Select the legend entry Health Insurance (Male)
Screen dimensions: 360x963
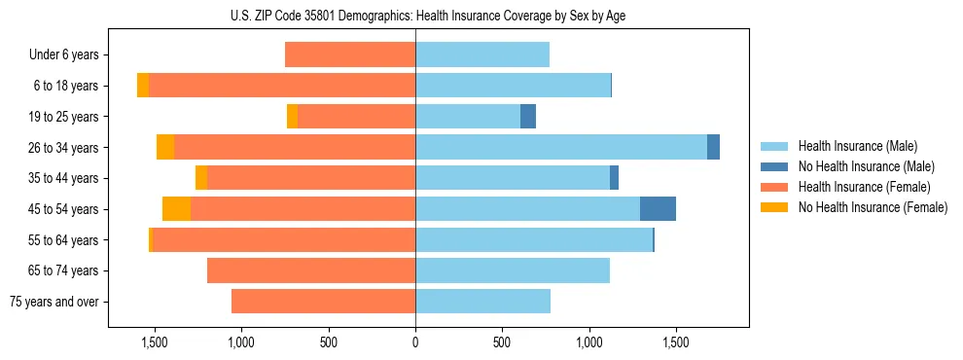[x=856, y=146]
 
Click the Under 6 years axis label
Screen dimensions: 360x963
[x=63, y=55]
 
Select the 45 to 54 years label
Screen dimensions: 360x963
[x=64, y=209]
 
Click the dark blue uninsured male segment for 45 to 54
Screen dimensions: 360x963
[x=658, y=209]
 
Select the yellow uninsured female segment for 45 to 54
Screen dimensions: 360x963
[x=176, y=209]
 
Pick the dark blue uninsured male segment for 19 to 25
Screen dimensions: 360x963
[x=528, y=117]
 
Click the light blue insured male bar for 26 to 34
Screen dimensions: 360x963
[x=561, y=147]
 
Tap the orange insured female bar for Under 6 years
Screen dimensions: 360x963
[x=350, y=55]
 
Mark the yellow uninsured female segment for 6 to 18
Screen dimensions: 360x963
[x=143, y=86]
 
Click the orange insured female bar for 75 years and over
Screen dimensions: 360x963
[x=323, y=302]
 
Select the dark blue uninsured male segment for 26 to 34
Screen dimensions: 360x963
[x=713, y=147]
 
